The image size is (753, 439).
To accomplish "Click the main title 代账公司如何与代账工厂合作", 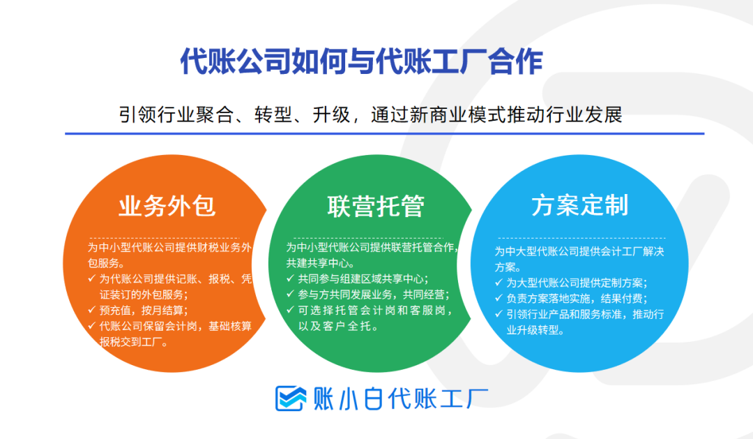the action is (x=362, y=61).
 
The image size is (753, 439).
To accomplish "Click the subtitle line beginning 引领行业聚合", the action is (x=370, y=114).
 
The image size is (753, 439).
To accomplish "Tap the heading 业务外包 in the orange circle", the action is (x=167, y=206).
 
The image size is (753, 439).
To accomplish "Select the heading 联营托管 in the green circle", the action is (x=376, y=206).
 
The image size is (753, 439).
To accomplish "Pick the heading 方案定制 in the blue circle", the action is (x=579, y=204).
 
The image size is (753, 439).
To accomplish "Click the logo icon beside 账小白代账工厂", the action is (x=291, y=398).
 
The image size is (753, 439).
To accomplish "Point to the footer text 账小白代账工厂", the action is (x=400, y=399).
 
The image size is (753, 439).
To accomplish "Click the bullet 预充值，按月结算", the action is (x=144, y=310).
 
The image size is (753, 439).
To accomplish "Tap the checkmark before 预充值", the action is (x=92, y=310).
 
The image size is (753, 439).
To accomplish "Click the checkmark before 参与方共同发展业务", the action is (x=290, y=294).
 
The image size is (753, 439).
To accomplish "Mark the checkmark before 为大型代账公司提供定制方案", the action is (x=499, y=282).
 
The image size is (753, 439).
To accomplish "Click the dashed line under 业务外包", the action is (x=164, y=238).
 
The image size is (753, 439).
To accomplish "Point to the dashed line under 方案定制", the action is (x=581, y=238).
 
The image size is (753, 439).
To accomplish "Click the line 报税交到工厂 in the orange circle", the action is (x=133, y=342).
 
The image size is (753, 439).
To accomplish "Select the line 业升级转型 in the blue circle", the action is (x=535, y=330).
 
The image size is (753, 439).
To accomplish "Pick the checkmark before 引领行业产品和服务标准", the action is (x=499, y=314).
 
